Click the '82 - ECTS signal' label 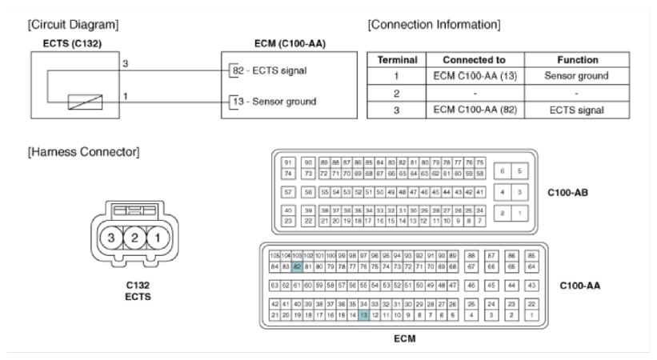(x=265, y=70)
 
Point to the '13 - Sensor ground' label (x=270, y=102)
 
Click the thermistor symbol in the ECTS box (x=84, y=102)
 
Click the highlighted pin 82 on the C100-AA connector (x=297, y=266)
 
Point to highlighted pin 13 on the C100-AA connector (x=364, y=315)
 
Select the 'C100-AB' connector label (x=569, y=192)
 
